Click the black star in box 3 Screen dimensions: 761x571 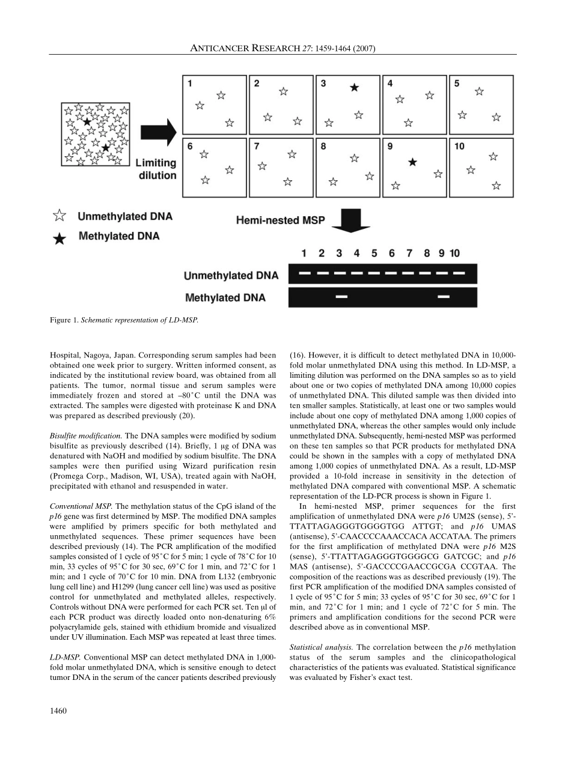pos(355,88)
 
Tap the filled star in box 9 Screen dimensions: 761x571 pos(412,162)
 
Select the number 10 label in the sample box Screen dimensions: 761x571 pos(459,147)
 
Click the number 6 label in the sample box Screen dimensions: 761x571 pos(190,147)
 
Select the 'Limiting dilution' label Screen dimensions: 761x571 pos(156,169)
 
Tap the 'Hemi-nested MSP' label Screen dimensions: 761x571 pos(280,220)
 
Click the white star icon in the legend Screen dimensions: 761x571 pos(60,216)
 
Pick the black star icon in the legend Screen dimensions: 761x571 pos(60,238)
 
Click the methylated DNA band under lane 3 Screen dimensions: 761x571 pos(341,297)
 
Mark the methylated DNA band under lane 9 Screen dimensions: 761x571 pos(444,297)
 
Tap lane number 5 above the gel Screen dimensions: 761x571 pos(374,253)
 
